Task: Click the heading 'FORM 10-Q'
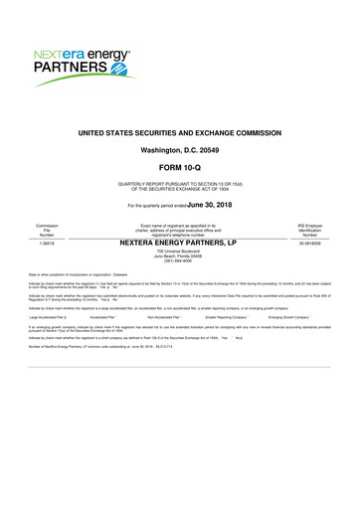coord(180,167)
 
